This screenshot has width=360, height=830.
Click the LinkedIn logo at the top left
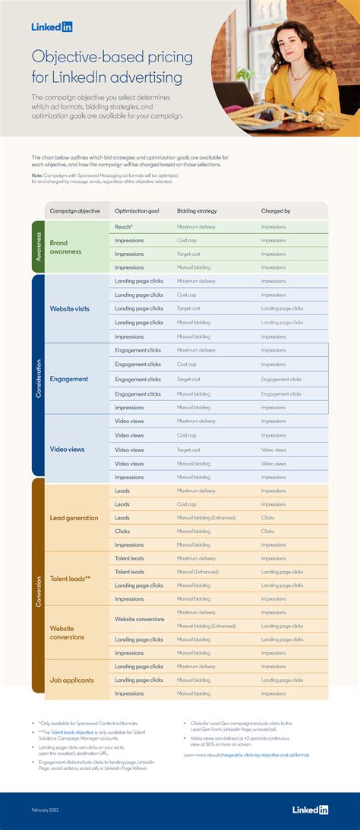tap(52, 27)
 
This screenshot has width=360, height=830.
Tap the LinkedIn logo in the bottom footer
tap(310, 809)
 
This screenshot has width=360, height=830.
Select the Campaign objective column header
tap(74, 210)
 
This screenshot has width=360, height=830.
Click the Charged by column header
tap(276, 210)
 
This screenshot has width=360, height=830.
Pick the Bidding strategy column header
tap(196, 210)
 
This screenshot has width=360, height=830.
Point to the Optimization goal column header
tap(137, 210)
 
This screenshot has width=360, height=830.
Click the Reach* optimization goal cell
tap(124, 226)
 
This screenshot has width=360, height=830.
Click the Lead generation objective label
tap(74, 518)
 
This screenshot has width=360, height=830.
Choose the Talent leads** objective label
tap(70, 579)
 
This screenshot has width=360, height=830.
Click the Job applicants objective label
tap(71, 680)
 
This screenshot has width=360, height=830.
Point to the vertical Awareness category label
tap(39, 247)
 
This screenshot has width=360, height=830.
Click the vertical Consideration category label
tap(39, 375)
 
